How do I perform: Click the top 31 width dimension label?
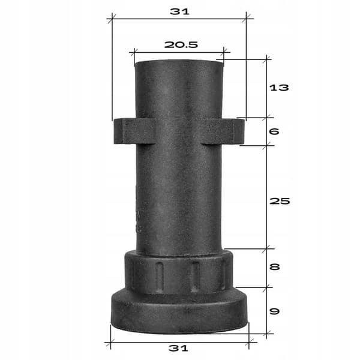coord(180,11)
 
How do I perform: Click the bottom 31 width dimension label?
coord(178,348)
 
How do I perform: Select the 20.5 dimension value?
coord(181,44)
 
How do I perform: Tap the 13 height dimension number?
coord(279,88)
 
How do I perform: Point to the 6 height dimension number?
coord(274,131)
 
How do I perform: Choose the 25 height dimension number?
coord(280,201)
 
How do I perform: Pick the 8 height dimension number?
coord(275,267)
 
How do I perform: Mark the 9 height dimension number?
coord(275,311)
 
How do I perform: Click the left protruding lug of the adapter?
coord(134,131)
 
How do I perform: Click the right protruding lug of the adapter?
coord(223,131)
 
